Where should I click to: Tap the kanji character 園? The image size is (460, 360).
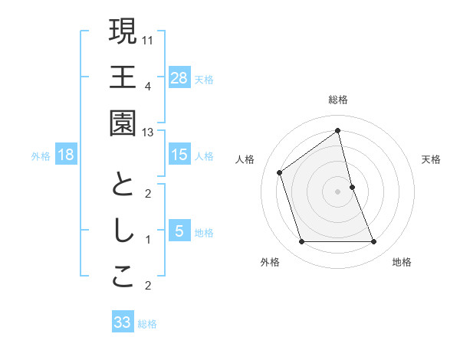point(123,124)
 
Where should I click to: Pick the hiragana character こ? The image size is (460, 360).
point(123,278)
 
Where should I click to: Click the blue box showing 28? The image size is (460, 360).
point(179,77)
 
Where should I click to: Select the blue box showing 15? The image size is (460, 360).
point(179,155)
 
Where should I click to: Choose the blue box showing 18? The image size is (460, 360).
point(66,155)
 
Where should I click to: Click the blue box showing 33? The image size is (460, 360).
point(122,322)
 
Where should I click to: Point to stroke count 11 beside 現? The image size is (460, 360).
point(148,39)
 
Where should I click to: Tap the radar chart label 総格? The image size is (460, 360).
point(337,100)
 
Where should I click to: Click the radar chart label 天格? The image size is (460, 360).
point(432,159)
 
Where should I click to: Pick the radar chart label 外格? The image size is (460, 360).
point(270,262)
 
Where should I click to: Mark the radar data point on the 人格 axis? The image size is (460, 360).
point(280,172)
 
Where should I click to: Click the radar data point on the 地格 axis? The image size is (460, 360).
point(374,242)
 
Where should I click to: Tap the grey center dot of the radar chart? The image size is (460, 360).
point(337,191)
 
